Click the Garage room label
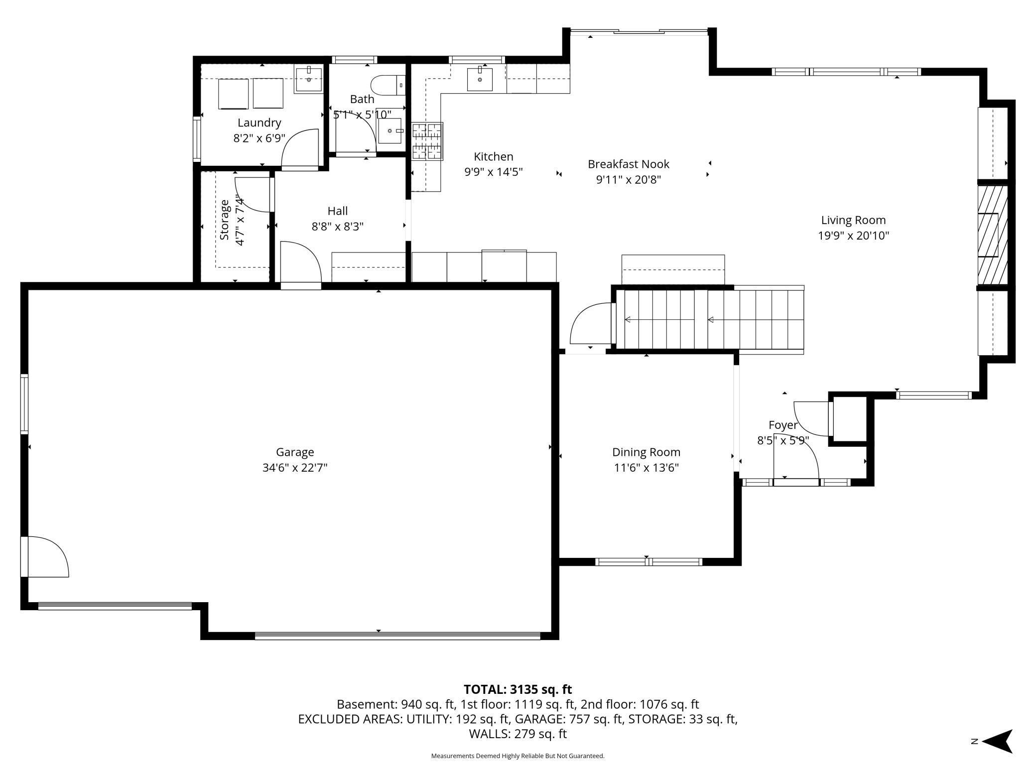[x=295, y=452]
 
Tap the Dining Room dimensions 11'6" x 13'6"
[x=647, y=468]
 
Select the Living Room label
[x=853, y=220]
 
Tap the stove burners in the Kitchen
[x=427, y=142]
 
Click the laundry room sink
[x=309, y=79]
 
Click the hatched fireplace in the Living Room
[x=992, y=235]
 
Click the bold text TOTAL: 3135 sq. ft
[x=518, y=689]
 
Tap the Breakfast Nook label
[x=629, y=164]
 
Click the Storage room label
[x=225, y=220]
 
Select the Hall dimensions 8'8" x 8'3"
[x=338, y=227]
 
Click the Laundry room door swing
[x=300, y=148]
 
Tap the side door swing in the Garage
[x=48, y=556]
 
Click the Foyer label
[x=783, y=425]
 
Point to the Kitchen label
[x=494, y=156]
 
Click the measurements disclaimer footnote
[x=518, y=756]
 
